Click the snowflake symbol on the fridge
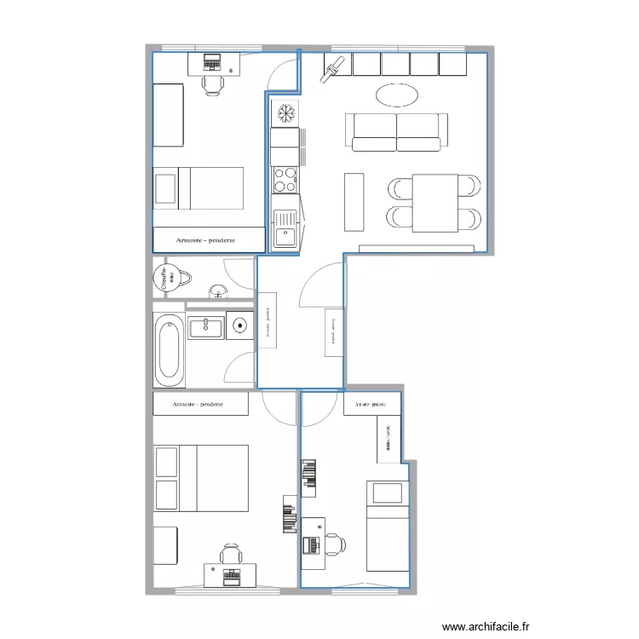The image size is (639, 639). (285, 112)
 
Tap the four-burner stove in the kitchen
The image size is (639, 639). (285, 179)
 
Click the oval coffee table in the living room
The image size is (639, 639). (397, 95)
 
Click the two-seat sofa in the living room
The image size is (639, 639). (397, 131)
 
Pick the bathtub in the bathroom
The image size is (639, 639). (169, 349)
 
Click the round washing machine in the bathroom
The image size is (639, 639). (240, 325)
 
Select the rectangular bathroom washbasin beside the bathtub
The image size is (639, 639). (206, 327)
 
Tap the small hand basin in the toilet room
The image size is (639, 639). (219, 293)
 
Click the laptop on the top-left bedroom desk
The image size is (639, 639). (211, 62)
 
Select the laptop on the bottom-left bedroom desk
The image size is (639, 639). (230, 575)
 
